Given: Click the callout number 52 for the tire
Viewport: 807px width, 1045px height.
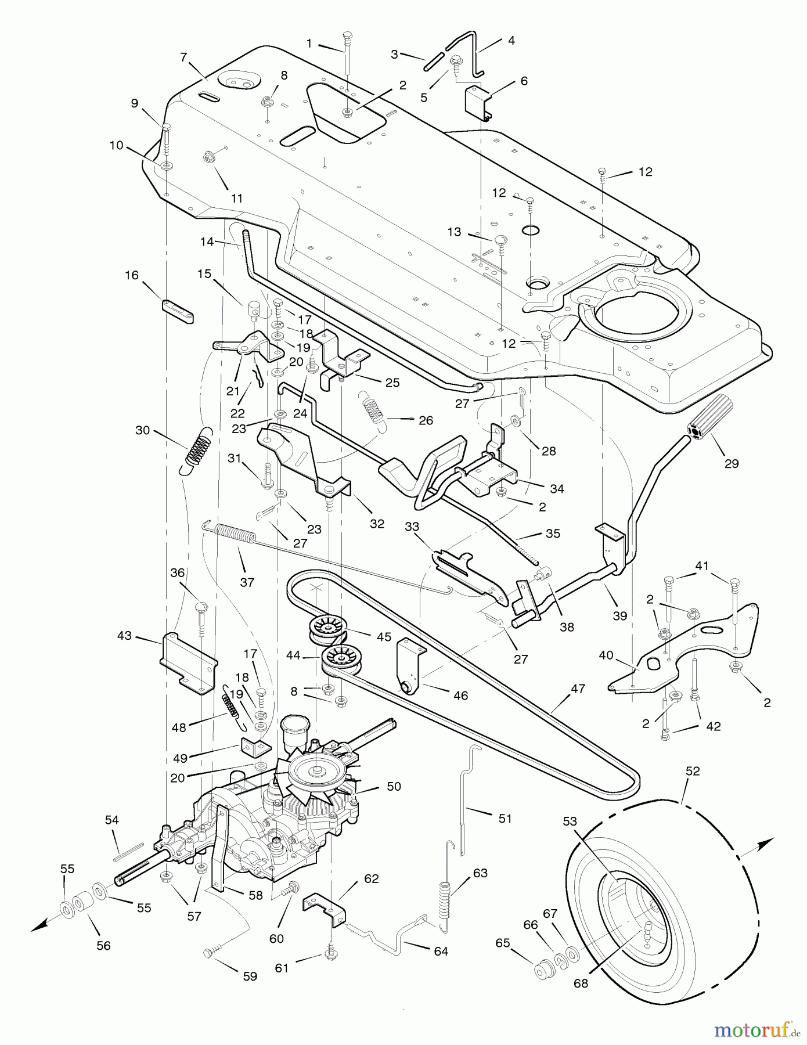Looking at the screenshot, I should (x=693, y=772).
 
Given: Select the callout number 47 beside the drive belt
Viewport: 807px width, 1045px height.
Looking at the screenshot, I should (x=578, y=689).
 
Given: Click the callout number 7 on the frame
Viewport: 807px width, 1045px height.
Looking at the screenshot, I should (x=184, y=57).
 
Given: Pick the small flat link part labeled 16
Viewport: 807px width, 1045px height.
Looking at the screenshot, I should (x=178, y=312).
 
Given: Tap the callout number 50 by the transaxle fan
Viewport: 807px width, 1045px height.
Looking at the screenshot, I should (x=394, y=787).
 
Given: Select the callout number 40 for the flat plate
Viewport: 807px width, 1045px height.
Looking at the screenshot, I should (x=606, y=655).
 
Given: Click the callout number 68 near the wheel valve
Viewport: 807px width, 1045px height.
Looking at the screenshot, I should (x=581, y=983).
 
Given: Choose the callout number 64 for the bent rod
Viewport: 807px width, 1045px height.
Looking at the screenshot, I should (x=441, y=951).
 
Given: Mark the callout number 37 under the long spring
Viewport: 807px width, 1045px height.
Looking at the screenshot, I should (x=247, y=582).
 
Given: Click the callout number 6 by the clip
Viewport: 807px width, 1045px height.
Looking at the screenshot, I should (x=524, y=81).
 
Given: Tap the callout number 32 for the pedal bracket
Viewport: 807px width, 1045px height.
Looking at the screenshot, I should (x=377, y=524).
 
